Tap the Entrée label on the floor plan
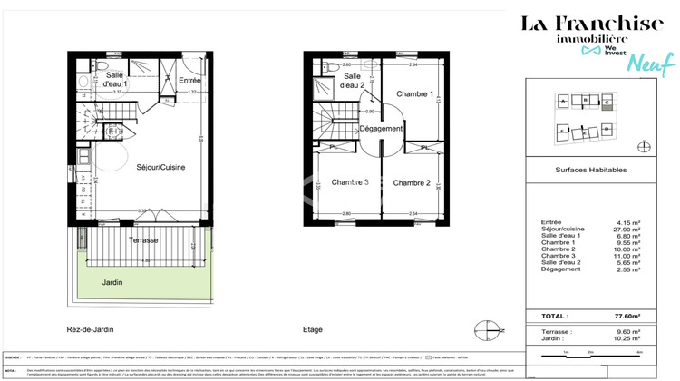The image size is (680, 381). (191, 80)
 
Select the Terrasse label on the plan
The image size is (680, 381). (143, 239)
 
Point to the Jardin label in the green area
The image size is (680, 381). (112, 281)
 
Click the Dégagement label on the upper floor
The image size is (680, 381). (381, 130)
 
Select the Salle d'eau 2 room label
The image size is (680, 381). (352, 80)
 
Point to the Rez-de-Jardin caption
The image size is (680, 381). (97, 329)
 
